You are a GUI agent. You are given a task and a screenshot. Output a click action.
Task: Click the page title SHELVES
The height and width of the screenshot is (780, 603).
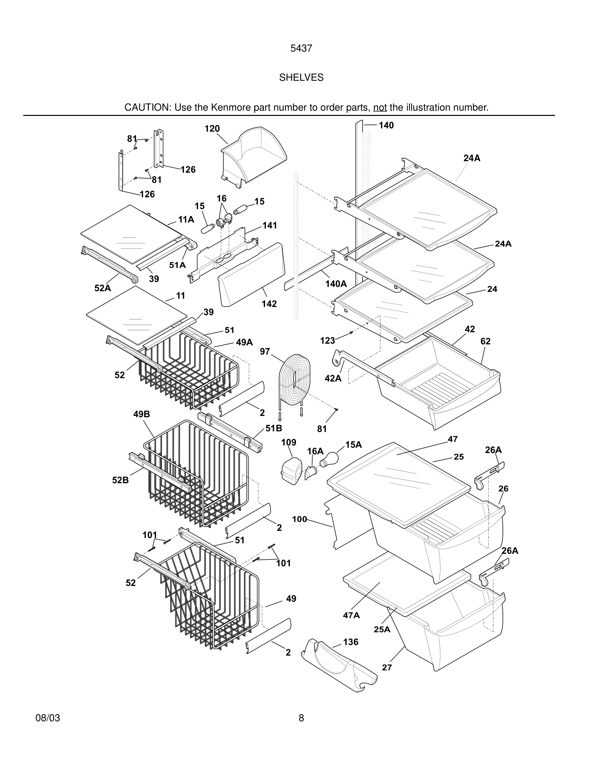pos(301,77)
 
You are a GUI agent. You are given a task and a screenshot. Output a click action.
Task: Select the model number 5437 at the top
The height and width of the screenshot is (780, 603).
pos(301,49)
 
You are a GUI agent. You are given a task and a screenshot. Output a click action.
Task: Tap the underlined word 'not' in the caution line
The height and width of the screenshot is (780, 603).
pos(380,107)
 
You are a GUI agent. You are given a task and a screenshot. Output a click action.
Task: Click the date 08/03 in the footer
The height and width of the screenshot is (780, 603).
pos(48,718)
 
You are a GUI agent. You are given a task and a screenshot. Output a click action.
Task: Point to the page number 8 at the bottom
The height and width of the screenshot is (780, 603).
pos(301,718)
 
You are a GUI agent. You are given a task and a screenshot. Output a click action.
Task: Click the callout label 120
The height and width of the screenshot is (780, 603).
pos(212,129)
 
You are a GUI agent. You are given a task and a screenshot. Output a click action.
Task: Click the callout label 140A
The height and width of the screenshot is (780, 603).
pos(336,284)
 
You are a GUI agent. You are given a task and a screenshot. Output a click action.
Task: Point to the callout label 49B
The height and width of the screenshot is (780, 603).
pos(142,414)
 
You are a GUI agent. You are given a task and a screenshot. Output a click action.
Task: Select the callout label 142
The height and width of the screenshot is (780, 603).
pos(269,304)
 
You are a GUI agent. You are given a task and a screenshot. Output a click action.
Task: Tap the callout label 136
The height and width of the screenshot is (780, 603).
pos(350,642)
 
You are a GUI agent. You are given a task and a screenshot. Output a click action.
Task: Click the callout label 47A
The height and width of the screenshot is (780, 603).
pos(351,615)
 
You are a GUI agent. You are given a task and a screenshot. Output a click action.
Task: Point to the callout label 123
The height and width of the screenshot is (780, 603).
pos(327,341)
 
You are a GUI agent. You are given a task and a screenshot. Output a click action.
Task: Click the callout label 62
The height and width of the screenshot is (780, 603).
pos(485,341)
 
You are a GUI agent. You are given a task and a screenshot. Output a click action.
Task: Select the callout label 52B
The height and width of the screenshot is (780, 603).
pos(121,480)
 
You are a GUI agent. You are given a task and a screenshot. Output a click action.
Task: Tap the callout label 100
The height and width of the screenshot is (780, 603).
pos(299,519)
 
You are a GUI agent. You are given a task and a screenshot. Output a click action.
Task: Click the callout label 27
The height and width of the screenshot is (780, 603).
pos(387,667)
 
